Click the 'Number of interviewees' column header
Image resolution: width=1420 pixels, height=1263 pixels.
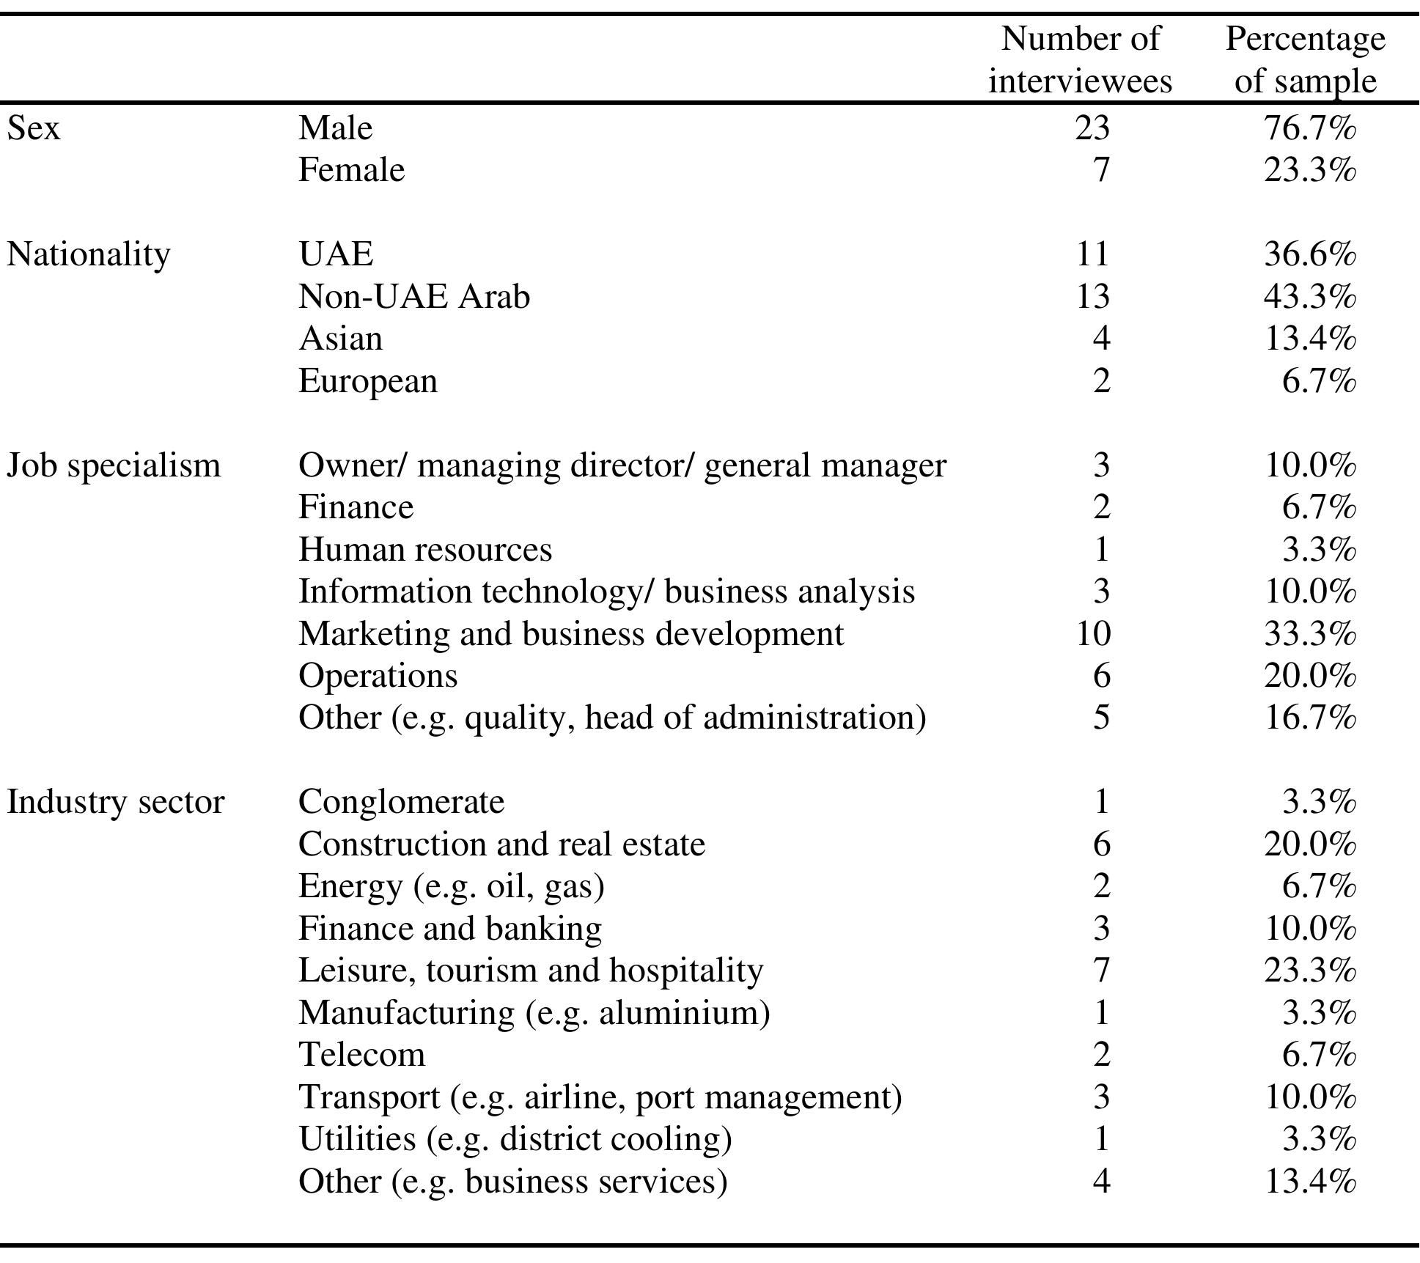[x=1080, y=59]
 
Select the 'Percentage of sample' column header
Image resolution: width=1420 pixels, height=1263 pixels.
[x=1305, y=59]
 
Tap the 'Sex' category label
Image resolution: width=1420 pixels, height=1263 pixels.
[x=33, y=128]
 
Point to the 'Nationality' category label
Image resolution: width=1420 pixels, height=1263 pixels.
[x=88, y=255]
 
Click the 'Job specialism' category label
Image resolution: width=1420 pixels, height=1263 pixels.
[x=113, y=465]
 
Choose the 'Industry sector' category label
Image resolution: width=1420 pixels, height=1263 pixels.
[x=115, y=802]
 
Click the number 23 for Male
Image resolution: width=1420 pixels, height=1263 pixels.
[x=1092, y=128]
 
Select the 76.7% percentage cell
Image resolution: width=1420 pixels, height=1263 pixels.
[x=1309, y=128]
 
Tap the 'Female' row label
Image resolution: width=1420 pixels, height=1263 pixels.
[x=351, y=170]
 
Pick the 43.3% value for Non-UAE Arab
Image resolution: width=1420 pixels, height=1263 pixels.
[x=1309, y=297]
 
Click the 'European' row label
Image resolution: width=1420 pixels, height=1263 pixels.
[x=367, y=381]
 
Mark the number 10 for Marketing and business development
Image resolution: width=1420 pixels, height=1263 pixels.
[x=1092, y=633]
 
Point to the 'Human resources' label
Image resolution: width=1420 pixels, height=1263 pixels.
[x=424, y=550]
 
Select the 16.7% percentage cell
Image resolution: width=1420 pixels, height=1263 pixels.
[x=1309, y=718]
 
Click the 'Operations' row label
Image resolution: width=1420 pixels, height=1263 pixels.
[x=378, y=675]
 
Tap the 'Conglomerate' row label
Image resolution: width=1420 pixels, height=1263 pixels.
[x=401, y=802]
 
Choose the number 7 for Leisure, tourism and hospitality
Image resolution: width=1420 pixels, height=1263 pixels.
[x=1101, y=971]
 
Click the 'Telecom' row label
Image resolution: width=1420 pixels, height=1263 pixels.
[x=361, y=1055]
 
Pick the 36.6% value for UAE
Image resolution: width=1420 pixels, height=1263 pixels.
[x=1309, y=255]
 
